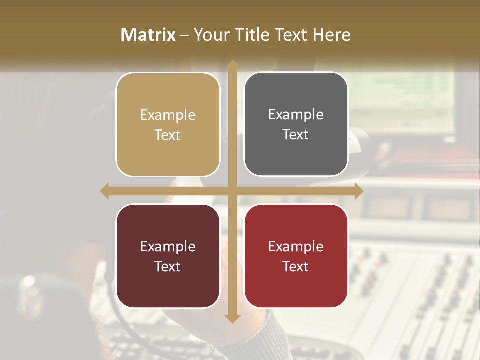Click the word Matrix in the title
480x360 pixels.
148,35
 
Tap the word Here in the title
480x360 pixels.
332,35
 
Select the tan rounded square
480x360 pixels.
168,124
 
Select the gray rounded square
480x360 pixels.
296,124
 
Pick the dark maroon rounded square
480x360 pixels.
168,256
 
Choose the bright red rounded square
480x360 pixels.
296,256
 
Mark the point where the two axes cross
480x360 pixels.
232,191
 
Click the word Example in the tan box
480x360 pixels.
168,115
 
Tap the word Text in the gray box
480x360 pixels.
296,135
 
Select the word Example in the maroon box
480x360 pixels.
168,246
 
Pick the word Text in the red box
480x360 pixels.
296,266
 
